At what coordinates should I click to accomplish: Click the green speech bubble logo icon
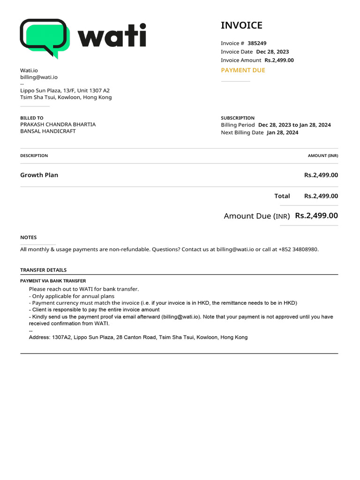(45, 37)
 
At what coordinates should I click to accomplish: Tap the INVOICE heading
(241, 25)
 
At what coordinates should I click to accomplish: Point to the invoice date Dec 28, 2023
(272, 52)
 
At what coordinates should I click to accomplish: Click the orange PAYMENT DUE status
(243, 70)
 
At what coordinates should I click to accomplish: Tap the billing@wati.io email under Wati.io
(39, 77)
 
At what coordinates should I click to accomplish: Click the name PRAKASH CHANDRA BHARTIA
(58, 125)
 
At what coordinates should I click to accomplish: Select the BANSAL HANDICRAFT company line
(48, 131)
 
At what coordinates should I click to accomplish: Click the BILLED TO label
(32, 118)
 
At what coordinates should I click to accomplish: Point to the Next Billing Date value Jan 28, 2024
(282, 133)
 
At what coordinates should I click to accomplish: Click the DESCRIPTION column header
(34, 156)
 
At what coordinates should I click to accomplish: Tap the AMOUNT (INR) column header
(322, 156)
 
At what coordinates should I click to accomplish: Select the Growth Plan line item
(39, 175)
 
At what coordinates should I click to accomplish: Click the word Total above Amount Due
(282, 196)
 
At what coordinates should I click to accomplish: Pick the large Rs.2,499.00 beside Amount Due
(316, 216)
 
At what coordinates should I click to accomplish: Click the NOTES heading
(28, 238)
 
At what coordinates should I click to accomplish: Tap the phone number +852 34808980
(298, 249)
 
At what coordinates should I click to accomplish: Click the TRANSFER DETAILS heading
(43, 270)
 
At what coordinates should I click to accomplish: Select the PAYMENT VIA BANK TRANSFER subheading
(53, 281)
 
